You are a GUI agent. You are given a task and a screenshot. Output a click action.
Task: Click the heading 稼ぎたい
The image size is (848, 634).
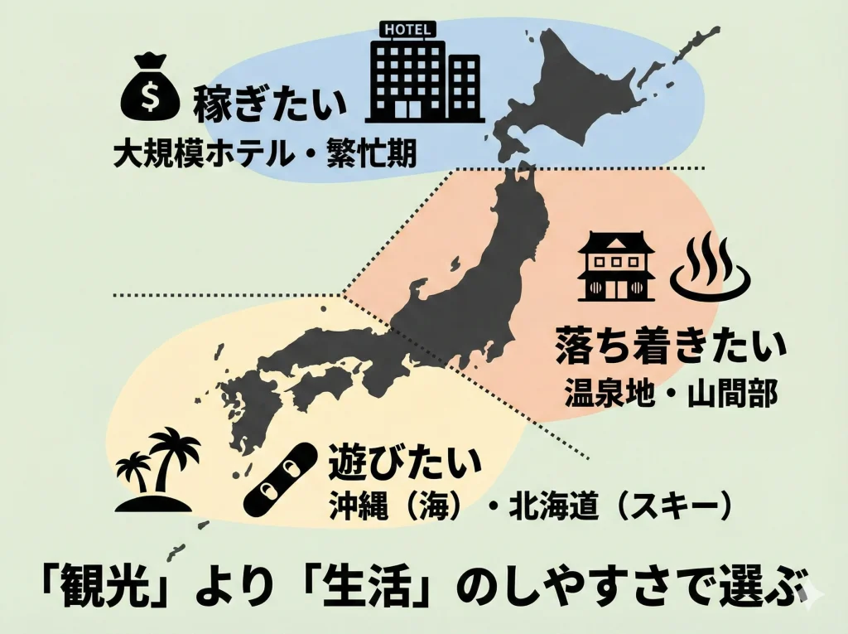click(x=269, y=106)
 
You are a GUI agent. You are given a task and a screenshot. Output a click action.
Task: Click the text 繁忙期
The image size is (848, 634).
click(x=376, y=153)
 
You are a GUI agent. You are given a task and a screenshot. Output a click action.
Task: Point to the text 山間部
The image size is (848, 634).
click(x=732, y=394)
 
